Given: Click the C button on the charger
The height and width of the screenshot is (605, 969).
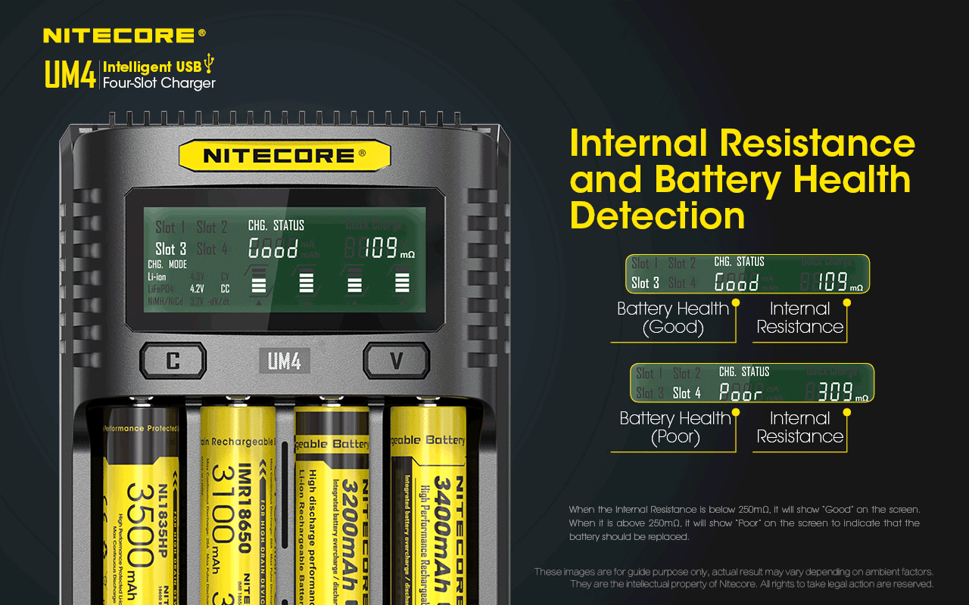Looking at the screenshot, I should (x=173, y=361).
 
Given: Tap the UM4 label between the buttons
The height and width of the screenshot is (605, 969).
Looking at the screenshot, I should (x=284, y=361).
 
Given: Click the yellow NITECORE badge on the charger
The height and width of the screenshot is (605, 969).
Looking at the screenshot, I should (x=284, y=156).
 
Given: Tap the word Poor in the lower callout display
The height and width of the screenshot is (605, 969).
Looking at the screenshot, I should (x=740, y=392).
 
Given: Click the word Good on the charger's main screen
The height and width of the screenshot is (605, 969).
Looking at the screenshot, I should (x=273, y=249).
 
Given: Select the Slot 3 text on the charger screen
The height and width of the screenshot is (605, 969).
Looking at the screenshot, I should (x=170, y=249).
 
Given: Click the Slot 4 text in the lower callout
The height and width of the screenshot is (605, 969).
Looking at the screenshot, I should (x=687, y=392).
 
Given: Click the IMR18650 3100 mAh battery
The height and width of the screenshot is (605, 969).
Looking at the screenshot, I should (x=236, y=507).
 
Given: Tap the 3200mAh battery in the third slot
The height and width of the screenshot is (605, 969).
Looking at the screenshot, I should (x=331, y=507).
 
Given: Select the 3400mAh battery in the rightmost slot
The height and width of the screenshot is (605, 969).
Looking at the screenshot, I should (x=428, y=507).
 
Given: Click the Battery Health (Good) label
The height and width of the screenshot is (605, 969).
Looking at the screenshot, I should (x=672, y=318).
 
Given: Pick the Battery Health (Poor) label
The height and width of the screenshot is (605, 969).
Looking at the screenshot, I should (x=674, y=427).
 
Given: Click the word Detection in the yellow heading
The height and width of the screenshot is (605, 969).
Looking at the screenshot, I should (x=657, y=216).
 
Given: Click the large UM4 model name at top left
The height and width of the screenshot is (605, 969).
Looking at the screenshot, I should (x=70, y=76).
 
